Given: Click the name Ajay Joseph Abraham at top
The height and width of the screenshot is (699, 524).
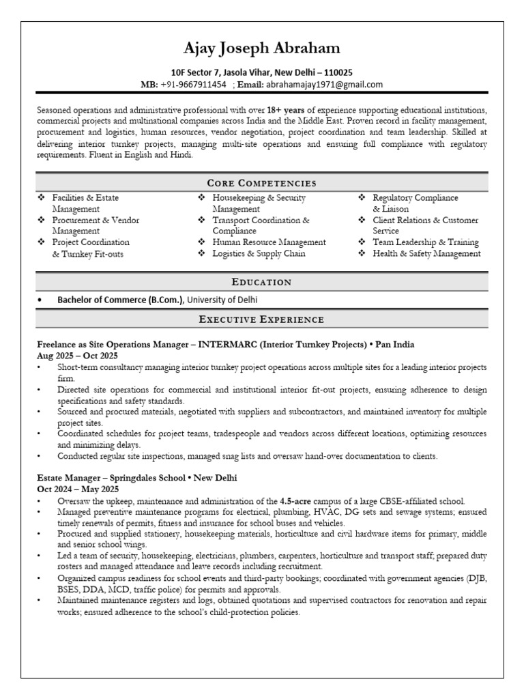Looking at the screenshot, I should point(262,48).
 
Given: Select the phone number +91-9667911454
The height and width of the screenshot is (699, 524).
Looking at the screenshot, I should point(193,85).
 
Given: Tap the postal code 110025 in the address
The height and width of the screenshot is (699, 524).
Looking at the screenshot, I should point(336,72).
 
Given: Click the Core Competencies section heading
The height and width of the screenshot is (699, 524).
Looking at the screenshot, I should point(262,183).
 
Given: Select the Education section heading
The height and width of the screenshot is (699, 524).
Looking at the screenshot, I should point(262,282).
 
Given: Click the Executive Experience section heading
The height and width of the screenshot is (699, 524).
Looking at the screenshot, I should point(262,319).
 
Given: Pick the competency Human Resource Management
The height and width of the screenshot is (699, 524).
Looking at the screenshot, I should point(269,242).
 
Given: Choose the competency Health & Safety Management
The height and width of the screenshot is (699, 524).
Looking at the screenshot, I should point(426,253).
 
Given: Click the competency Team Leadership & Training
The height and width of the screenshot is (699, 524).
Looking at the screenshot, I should point(426,242).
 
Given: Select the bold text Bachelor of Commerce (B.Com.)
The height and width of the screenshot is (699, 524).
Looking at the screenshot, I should point(121,300).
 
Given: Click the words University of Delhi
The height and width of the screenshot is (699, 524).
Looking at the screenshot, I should point(222,300).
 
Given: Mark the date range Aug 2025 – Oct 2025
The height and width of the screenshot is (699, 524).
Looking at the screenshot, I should point(77,356).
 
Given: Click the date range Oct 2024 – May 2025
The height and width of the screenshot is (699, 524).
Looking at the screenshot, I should point(78,489).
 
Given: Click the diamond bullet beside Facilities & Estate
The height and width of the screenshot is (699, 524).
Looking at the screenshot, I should point(42,198).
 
